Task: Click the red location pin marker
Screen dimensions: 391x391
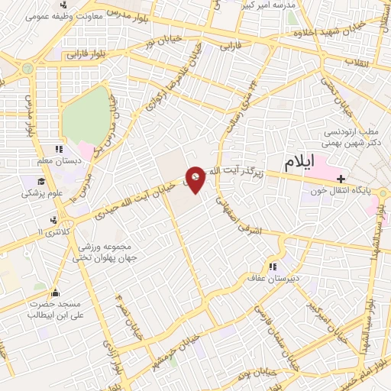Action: point(196,180)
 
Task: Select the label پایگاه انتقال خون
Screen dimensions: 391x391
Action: point(356,191)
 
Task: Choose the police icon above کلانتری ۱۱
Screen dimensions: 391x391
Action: point(53,221)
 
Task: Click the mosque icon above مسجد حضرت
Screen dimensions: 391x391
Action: point(54,292)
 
